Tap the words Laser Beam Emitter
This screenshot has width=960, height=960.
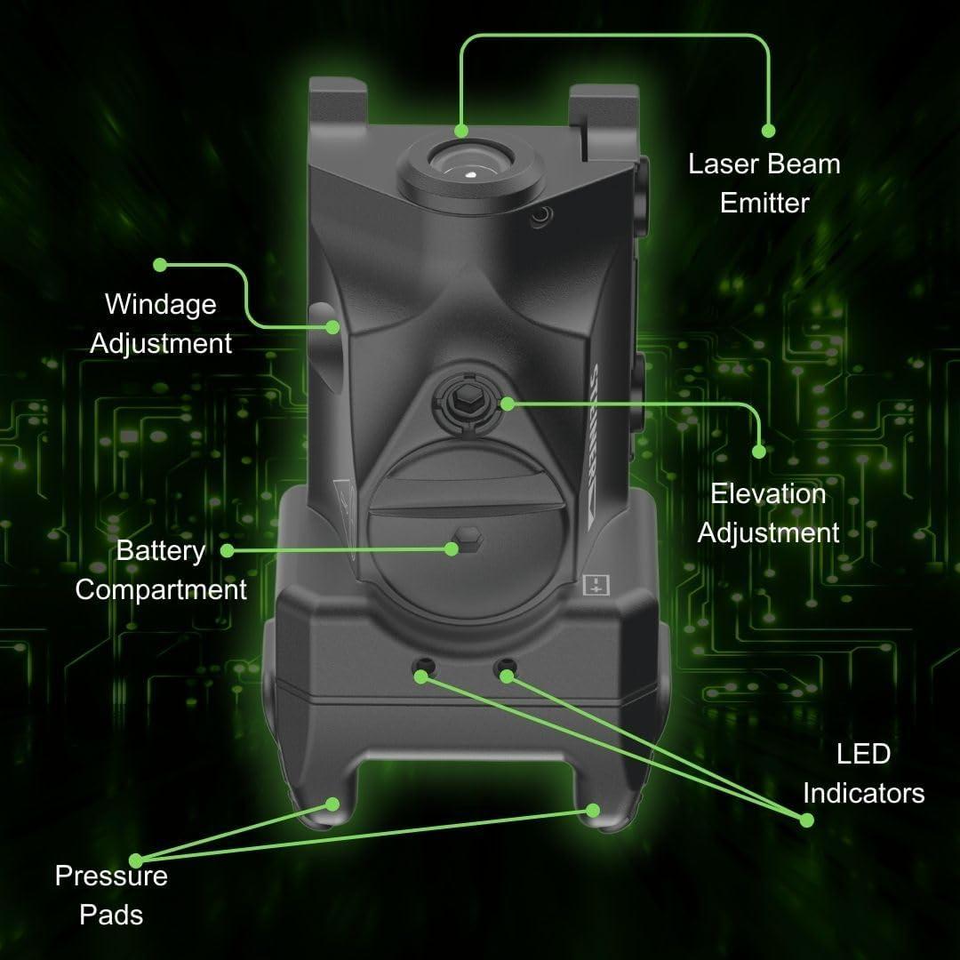pyautogui.click(x=764, y=183)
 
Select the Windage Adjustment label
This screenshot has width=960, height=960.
pyautogui.click(x=161, y=324)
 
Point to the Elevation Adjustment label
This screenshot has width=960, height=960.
pyautogui.click(x=768, y=513)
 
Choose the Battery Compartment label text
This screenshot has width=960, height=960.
pyautogui.click(x=161, y=570)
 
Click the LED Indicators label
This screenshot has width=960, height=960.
pyautogui.click(x=863, y=773)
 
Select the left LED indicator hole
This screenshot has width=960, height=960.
pyautogui.click(x=422, y=668)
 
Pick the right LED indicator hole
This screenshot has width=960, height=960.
pyautogui.click(x=506, y=668)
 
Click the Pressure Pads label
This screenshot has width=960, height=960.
pyautogui.click(x=111, y=894)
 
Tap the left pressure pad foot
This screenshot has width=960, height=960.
pyautogui.click(x=324, y=812)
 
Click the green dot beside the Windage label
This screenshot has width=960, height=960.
pyautogui.click(x=160, y=265)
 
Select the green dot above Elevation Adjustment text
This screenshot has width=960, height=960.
pyautogui.click(x=758, y=451)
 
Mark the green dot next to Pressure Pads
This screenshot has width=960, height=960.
pyautogui.click(x=136, y=860)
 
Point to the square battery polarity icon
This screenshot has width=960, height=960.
pyautogui.click(x=593, y=585)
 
